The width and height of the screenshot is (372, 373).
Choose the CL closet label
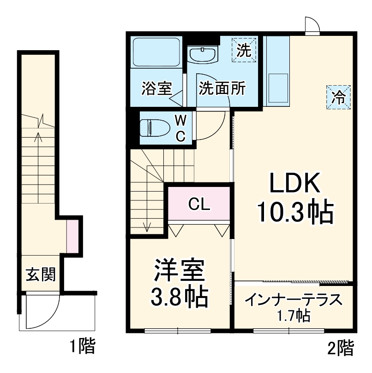[199, 204]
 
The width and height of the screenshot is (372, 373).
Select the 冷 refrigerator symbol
[339, 97]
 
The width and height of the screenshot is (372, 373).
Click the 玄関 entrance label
[40, 274]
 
